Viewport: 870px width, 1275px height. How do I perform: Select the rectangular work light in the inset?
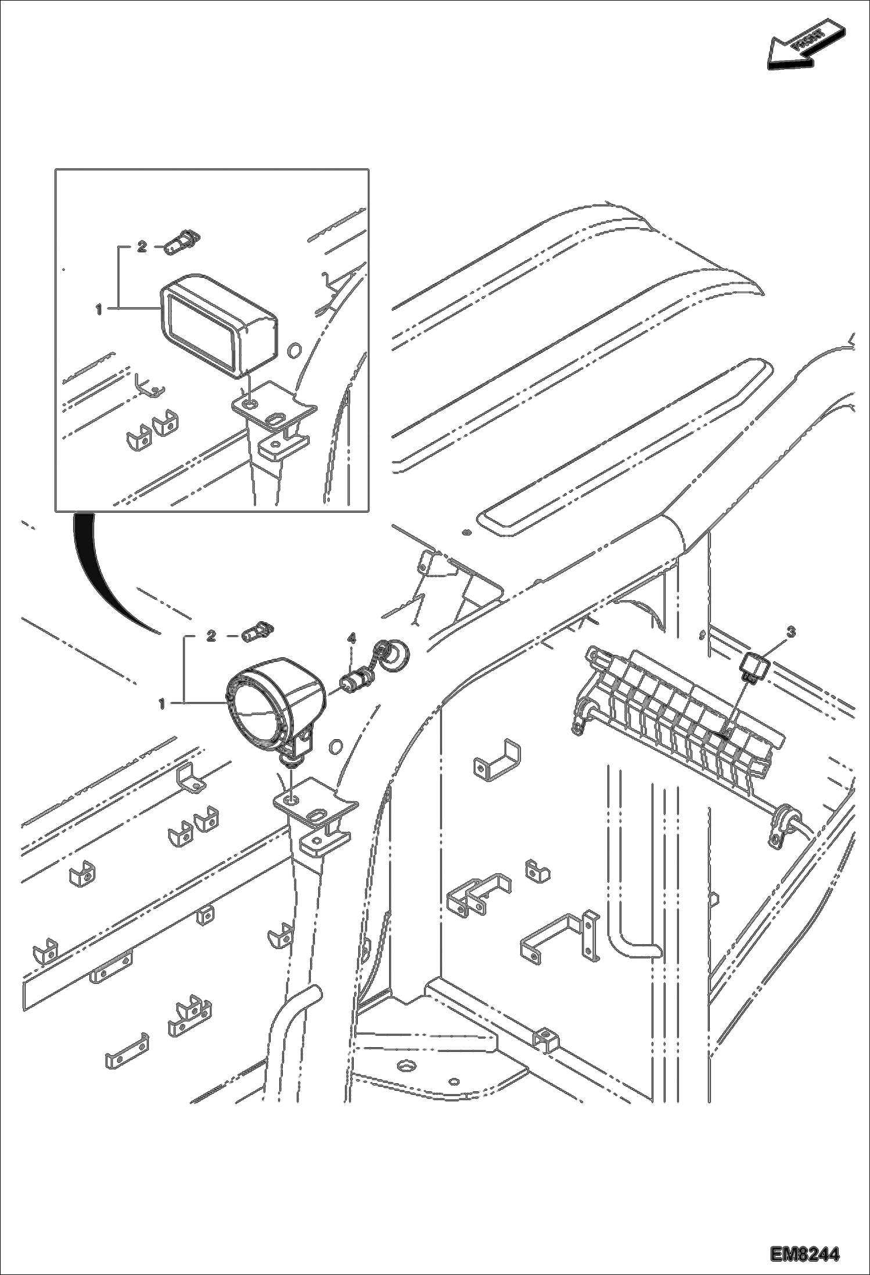[x=218, y=326]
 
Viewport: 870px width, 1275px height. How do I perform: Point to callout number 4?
[x=351, y=637]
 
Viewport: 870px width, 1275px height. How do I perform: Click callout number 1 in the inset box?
[x=99, y=310]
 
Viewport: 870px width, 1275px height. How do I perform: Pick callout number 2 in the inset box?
[x=141, y=247]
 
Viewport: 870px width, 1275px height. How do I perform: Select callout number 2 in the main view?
[x=211, y=636]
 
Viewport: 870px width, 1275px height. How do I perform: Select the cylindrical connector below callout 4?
[x=355, y=681]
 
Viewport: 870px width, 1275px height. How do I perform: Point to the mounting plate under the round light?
[x=314, y=808]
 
